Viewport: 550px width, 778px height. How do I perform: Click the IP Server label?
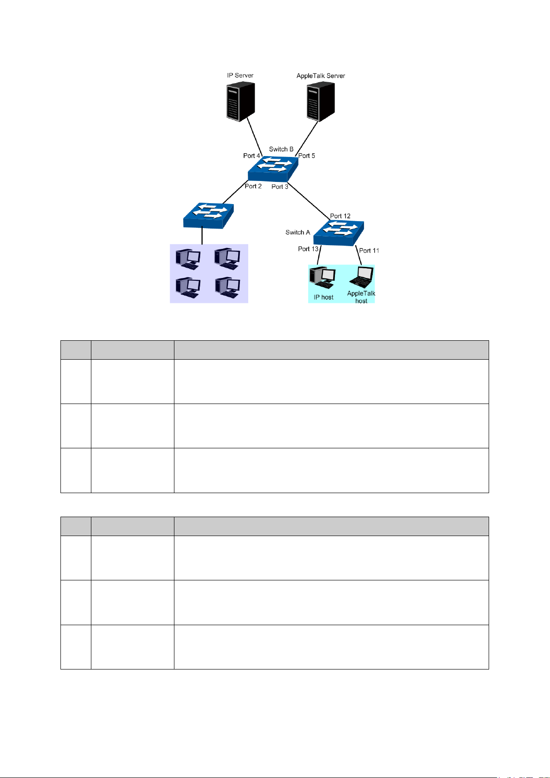pyautogui.click(x=240, y=75)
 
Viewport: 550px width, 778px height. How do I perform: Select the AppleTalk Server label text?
pyautogui.click(x=321, y=76)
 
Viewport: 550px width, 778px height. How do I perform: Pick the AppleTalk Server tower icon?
pyautogui.click(x=321, y=102)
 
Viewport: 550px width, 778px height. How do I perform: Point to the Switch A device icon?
pyautogui.click(x=339, y=233)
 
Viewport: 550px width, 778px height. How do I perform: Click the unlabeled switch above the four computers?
pyautogui.click(x=208, y=215)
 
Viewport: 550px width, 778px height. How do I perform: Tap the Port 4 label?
pyautogui.click(x=251, y=156)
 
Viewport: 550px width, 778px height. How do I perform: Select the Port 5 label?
pyautogui.click(x=307, y=156)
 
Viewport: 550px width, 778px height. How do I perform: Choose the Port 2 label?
pyautogui.click(x=253, y=186)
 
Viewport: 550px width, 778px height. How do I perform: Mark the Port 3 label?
pyautogui.click(x=280, y=187)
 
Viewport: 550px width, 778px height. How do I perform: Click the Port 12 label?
pyautogui.click(x=340, y=216)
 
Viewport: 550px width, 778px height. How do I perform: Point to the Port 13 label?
pyautogui.click(x=308, y=249)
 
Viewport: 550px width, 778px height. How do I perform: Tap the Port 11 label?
pyautogui.click(x=369, y=250)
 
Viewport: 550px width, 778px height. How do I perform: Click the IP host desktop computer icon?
pyautogui.click(x=322, y=277)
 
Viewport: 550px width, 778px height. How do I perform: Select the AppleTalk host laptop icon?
pyautogui.click(x=361, y=277)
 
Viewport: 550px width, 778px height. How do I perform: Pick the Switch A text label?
pyautogui.click(x=298, y=232)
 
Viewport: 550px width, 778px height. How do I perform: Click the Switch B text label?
pyautogui.click(x=281, y=149)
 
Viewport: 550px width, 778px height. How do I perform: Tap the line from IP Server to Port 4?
pyautogui.click(x=254, y=135)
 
